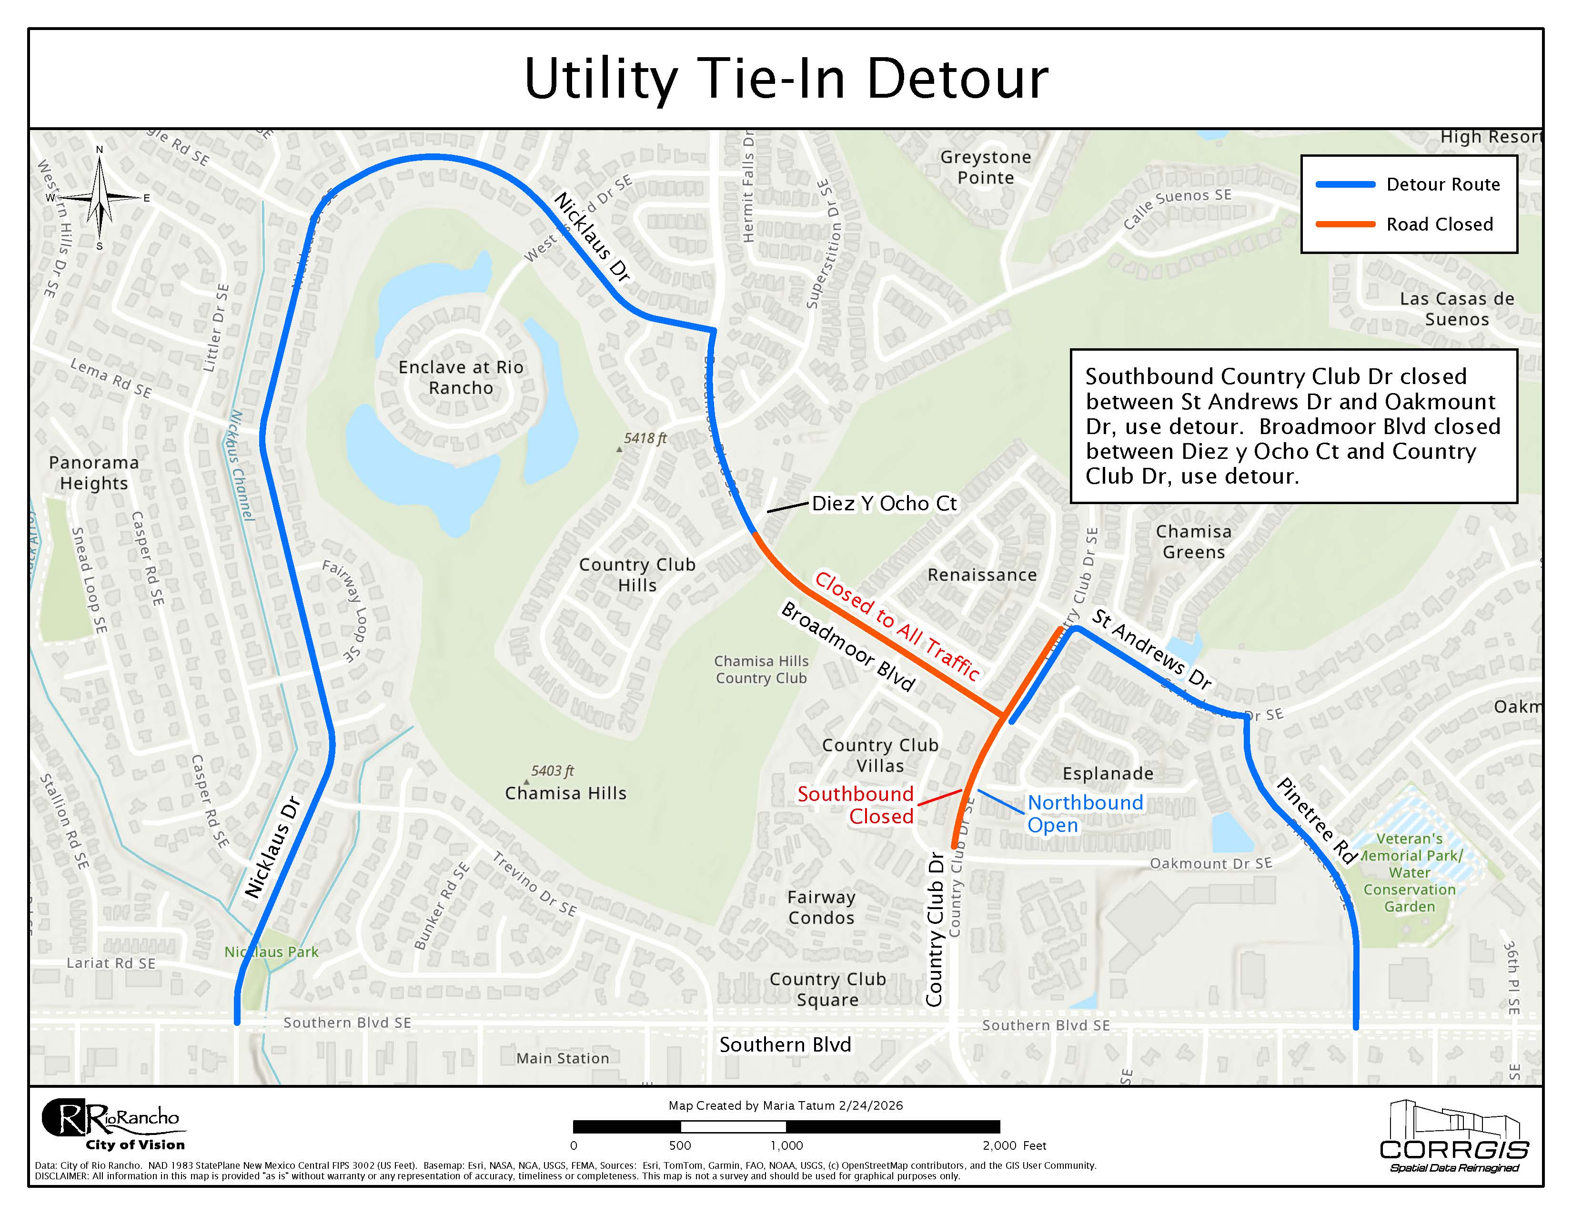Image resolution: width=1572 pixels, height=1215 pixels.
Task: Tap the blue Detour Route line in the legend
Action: coord(1345,185)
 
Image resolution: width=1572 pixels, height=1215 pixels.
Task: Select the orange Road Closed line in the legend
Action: coord(1345,224)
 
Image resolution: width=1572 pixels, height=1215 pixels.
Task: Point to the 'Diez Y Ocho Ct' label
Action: coord(884,504)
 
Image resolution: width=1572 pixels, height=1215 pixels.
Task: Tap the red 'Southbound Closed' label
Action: coord(857,805)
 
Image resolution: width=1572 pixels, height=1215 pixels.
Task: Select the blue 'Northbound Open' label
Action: coord(1085,813)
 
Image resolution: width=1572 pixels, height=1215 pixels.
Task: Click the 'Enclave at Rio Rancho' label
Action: coord(461,377)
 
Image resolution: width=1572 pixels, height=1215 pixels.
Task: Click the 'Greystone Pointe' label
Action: coord(986,167)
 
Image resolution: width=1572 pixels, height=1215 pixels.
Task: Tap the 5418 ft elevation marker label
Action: coord(645,438)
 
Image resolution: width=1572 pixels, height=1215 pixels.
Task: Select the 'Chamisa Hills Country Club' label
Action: coord(761,669)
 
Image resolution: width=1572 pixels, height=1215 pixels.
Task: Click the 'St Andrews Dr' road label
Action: coord(1152,648)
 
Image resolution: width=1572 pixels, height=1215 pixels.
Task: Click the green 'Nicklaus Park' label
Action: coord(272,952)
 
